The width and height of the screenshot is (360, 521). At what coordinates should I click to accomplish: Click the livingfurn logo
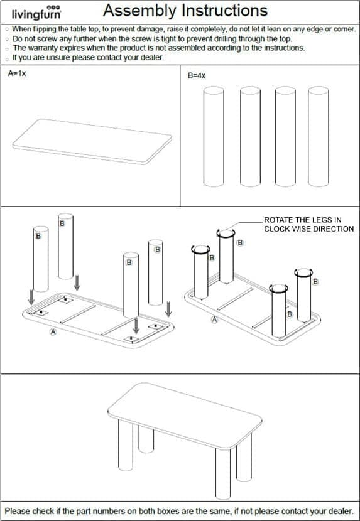tap(36, 13)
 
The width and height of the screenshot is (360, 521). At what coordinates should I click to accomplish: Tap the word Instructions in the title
tap(222, 10)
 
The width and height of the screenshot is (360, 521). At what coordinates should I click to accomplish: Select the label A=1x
tap(16, 73)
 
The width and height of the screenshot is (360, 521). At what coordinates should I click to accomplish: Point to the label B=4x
tap(197, 76)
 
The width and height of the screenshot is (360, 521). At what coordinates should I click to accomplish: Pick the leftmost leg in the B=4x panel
tap(214, 137)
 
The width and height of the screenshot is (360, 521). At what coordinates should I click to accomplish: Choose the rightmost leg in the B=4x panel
tap(319, 137)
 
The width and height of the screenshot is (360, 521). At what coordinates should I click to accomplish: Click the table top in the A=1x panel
tap(92, 141)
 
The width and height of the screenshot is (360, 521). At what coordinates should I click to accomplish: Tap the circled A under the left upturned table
tap(53, 331)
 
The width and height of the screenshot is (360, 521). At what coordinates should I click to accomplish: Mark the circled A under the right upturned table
tap(215, 320)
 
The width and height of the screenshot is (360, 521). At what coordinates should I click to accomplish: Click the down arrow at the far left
tap(31, 297)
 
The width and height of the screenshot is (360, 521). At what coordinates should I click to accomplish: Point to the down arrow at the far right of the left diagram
tap(168, 309)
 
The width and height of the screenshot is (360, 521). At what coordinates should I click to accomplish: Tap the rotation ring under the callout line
tap(226, 234)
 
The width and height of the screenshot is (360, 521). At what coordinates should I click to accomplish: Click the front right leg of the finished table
tap(222, 473)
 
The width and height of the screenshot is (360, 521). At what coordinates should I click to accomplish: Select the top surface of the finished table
tap(185, 412)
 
